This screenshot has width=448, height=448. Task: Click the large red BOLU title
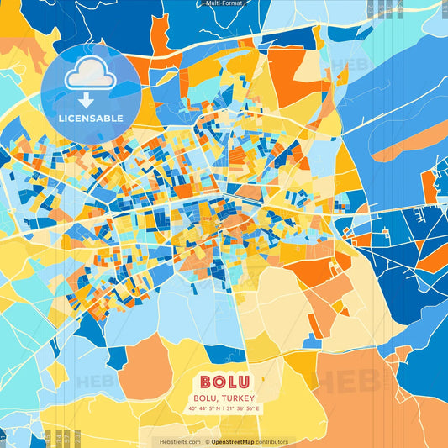(x=224, y=381)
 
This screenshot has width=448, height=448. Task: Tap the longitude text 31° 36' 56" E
(x=243, y=409)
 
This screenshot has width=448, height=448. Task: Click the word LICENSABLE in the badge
(x=90, y=118)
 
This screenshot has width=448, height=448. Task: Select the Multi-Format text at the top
(x=223, y=3)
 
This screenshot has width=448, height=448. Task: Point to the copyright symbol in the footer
(x=206, y=441)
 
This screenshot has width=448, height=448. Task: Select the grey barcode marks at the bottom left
(x=60, y=437)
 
